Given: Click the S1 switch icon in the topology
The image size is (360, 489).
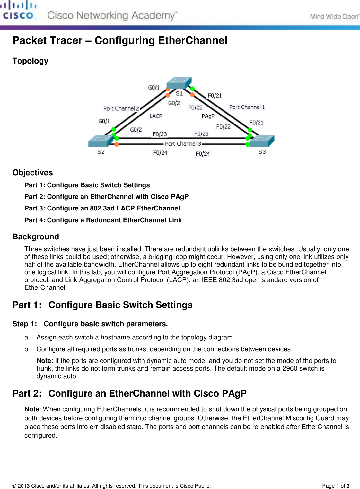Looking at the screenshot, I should [179, 83].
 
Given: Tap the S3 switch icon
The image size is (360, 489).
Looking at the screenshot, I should [262, 141].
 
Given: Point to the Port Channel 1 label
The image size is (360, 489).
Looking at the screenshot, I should [247, 107].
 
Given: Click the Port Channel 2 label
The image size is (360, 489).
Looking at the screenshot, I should [121, 108].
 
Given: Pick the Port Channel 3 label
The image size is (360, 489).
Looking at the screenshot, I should [183, 144].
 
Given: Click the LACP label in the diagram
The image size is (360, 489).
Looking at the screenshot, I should [156, 116].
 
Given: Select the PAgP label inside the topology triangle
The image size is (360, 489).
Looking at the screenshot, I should [208, 116].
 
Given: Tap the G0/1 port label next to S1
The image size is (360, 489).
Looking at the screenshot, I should [154, 88].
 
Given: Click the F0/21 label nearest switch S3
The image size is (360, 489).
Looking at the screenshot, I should [256, 123].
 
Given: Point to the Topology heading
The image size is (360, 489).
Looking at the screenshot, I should [30, 61].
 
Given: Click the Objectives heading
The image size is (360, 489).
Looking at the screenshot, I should [32, 173].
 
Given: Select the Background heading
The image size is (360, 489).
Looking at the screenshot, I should [36, 237].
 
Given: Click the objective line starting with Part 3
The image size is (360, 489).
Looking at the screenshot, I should [102, 208].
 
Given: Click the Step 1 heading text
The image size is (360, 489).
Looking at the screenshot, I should [90, 324].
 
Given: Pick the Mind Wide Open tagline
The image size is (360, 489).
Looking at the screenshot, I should [334, 17].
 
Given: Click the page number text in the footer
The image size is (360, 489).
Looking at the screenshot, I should [336, 486].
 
